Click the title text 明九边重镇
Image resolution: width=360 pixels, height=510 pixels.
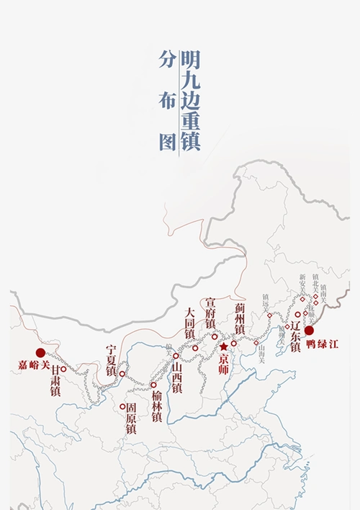click(x=191, y=100)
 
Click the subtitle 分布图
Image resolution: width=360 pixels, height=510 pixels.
click(x=168, y=101)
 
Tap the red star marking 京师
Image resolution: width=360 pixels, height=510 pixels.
click(x=224, y=346)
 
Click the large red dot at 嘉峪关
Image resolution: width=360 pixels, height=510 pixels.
click(x=40, y=352)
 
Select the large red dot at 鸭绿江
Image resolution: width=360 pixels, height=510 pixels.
click(x=309, y=331)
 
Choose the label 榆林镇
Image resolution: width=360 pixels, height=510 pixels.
click(x=157, y=406)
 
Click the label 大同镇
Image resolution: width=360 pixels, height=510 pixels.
click(x=189, y=323)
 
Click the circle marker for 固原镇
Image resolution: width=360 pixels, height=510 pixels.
click(x=122, y=407)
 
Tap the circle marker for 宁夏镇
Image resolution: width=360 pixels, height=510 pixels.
click(x=122, y=374)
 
